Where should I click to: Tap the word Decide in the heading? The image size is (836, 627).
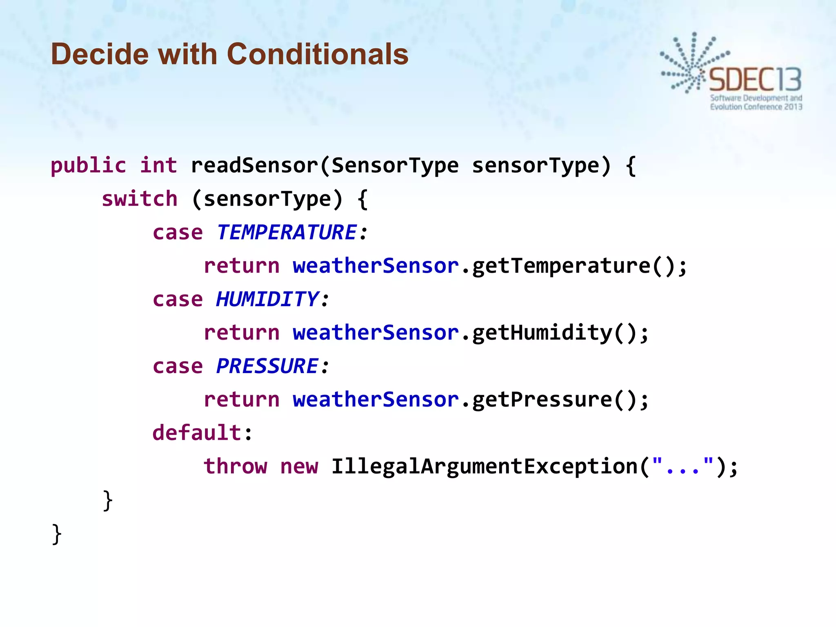click(x=100, y=54)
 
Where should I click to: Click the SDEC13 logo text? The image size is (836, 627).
click(x=755, y=80)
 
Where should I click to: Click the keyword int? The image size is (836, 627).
click(x=158, y=165)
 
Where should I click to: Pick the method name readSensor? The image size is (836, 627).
click(x=254, y=165)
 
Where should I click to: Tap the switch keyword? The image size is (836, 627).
click(x=139, y=199)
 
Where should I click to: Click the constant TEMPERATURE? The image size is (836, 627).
click(x=287, y=232)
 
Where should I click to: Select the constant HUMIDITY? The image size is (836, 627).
click(x=267, y=299)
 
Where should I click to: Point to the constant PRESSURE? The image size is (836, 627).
click(x=267, y=366)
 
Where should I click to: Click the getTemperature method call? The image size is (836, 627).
click(x=561, y=266)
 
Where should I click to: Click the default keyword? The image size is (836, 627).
click(x=197, y=433)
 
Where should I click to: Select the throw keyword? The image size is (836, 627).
click(x=235, y=466)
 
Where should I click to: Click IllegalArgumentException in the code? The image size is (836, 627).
click(x=484, y=466)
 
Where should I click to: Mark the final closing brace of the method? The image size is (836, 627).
click(x=57, y=534)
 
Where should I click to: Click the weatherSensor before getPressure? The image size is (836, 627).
click(x=376, y=400)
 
